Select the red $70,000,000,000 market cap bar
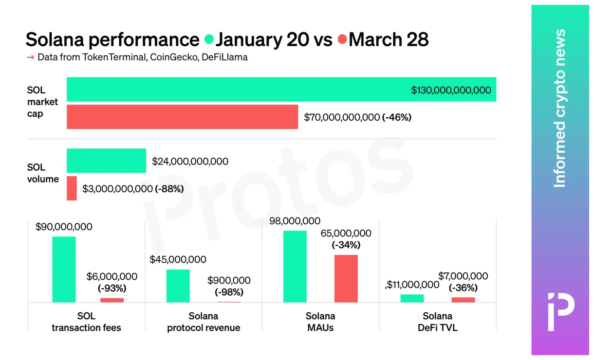pos(182,117)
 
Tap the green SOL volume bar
pos(106,161)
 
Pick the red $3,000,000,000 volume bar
pos(72,188)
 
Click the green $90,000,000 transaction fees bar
pos(64,270)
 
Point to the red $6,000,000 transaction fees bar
pos(112,300)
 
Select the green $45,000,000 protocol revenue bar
pos(178,286)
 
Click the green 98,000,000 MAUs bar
pos(295,267)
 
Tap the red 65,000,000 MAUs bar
pos(346,278)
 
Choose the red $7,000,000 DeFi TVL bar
pos(463,300)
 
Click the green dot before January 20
pos(209,39)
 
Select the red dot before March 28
pos(342,39)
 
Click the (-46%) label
pos(397,117)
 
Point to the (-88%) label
pos(169,189)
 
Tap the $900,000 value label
pos(229,281)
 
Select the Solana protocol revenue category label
pos(204,322)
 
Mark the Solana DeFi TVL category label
pos(437,322)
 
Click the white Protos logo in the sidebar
pos(560,312)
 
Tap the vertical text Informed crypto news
pos(560,108)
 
